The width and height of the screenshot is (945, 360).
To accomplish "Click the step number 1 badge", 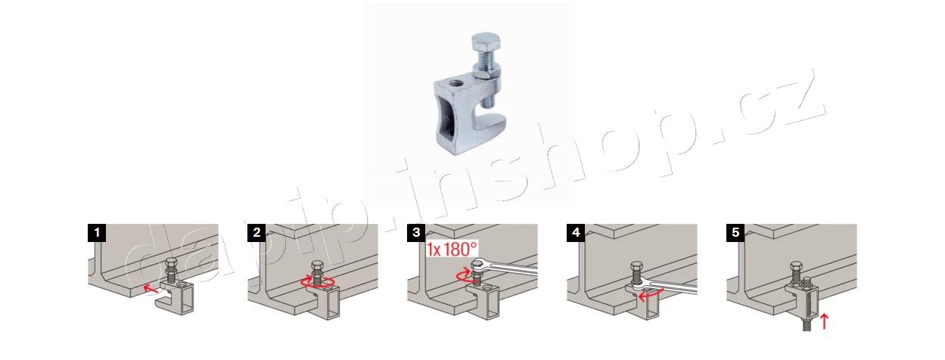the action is pyautogui.click(x=97, y=233).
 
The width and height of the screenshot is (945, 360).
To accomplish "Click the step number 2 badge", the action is pyautogui.click(x=256, y=233).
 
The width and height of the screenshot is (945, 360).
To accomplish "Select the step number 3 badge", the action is pyautogui.click(x=416, y=233).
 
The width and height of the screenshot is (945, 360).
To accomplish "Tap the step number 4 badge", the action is pyautogui.click(x=576, y=233).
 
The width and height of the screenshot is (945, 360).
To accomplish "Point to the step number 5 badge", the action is pyautogui.click(x=735, y=233).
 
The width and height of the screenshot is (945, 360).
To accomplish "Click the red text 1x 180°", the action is pyautogui.click(x=452, y=249).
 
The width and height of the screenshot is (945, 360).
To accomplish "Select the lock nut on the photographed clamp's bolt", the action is pyautogui.click(x=486, y=71).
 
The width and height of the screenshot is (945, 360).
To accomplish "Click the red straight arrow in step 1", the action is pyautogui.click(x=151, y=288).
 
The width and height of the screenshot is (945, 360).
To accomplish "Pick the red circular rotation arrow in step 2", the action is pyautogui.click(x=318, y=281).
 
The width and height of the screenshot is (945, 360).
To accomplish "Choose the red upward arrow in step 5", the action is pyautogui.click(x=824, y=321).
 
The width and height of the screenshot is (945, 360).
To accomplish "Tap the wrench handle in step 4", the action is pyautogui.click(x=672, y=288).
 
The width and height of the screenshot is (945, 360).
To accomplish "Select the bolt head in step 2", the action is pyautogui.click(x=317, y=266).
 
